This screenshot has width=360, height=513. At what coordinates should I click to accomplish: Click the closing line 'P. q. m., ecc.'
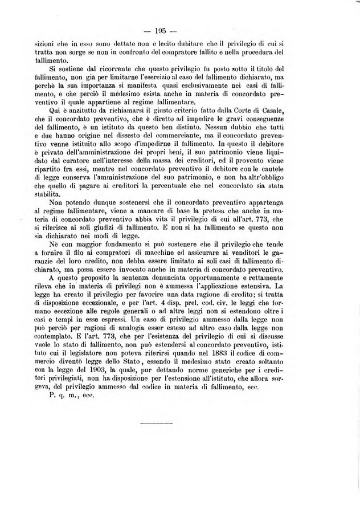[x=71, y=395]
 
